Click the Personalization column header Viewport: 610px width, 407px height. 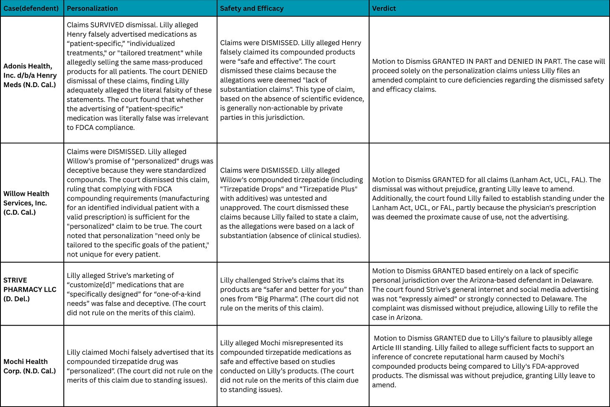coord(92,8)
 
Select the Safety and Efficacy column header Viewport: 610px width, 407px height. coord(251,8)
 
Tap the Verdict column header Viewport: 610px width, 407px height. coord(384,8)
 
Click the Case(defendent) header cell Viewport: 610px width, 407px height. coord(31,8)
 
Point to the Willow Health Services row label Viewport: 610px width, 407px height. coord(26,203)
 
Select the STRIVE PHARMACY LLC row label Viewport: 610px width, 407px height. coord(30,289)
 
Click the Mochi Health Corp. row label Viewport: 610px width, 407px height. coord(29,366)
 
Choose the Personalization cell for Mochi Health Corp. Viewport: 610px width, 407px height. coord(140,366)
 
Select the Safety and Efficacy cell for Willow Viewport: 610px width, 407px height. coord(292,203)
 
